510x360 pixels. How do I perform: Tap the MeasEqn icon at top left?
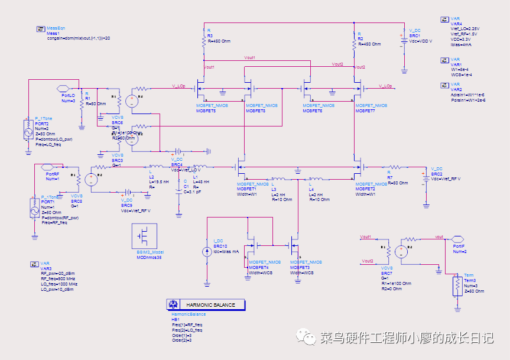(41, 28)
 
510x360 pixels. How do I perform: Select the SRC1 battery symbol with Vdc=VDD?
(404, 35)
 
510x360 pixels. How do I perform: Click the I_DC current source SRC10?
(207, 251)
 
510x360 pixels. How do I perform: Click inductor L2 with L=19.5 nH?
(157, 167)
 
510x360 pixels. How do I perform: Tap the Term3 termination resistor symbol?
(457, 287)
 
